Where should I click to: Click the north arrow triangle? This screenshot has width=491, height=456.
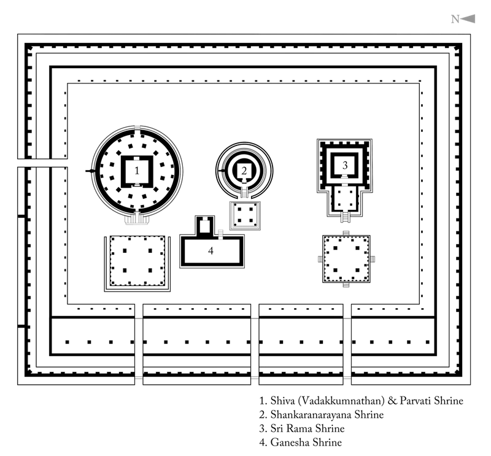click(468, 19)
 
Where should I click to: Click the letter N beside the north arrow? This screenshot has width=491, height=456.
click(455, 20)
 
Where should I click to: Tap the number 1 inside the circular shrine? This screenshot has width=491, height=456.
click(137, 171)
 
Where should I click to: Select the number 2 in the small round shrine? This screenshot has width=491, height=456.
click(244, 171)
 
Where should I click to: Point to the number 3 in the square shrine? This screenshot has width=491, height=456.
click(345, 165)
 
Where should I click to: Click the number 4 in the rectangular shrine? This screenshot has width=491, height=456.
click(211, 250)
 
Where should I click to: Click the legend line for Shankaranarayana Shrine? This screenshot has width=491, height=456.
click(322, 414)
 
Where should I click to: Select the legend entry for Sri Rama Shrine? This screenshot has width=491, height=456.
click(302, 428)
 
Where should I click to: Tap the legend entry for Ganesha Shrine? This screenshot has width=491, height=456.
click(301, 442)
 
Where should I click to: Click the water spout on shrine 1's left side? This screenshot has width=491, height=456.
click(90, 171)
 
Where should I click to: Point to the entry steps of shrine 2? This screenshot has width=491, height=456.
click(244, 191)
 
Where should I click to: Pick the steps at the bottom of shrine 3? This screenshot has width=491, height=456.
click(345, 217)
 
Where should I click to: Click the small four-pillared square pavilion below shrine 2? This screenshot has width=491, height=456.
click(245, 216)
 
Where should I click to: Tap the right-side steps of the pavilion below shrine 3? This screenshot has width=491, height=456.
click(373, 259)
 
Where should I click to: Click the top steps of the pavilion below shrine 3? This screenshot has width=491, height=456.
click(346, 233)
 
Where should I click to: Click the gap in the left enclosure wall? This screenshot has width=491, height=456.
click(42, 163)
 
